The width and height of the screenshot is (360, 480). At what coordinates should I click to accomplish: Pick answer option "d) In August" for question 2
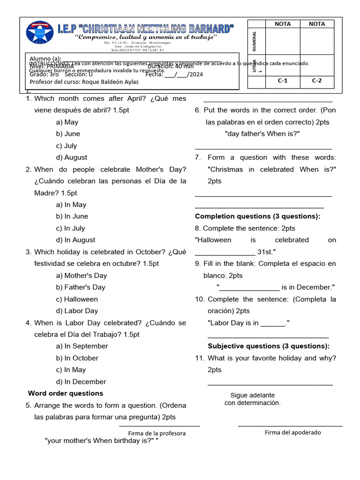[x=75, y=240]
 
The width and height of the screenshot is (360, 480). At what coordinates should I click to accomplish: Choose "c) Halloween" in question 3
[x=77, y=299]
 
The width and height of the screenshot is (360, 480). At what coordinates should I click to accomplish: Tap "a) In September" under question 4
[x=82, y=346]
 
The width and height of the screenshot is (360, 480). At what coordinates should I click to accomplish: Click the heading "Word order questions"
[x=66, y=393]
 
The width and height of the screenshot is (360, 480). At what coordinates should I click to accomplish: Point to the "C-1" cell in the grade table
[x=283, y=80]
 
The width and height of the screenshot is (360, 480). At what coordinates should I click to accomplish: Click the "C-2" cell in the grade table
[x=317, y=80]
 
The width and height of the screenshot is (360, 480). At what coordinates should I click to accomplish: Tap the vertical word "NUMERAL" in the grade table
[x=255, y=41]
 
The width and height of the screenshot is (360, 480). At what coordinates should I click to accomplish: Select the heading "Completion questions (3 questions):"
[x=257, y=216]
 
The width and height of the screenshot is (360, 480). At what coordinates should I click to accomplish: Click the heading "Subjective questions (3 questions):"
[x=269, y=346]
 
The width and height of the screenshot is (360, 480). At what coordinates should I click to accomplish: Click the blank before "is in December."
[x=249, y=288]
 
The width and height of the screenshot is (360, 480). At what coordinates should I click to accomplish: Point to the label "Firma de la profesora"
[x=157, y=433]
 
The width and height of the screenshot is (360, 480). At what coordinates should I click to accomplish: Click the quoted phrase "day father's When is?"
[x=262, y=134]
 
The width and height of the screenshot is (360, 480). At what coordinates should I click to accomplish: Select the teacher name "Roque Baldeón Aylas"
[x=110, y=82]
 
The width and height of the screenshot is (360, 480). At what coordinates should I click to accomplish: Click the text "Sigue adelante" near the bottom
[x=252, y=395]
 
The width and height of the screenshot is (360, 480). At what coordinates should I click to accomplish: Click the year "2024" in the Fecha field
[x=196, y=74]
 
